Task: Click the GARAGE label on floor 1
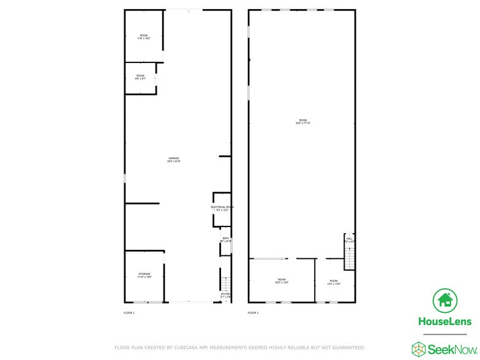pyautogui.click(x=174, y=159)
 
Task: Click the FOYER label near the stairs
pyautogui.click(x=226, y=295)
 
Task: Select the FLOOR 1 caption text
pyautogui.click(x=129, y=313)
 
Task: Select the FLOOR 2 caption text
pyautogui.click(x=253, y=313)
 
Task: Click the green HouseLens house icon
pyautogui.click(x=445, y=301)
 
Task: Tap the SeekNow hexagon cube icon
pyautogui.click(x=419, y=348)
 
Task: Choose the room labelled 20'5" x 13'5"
pyautogui.click(x=281, y=281)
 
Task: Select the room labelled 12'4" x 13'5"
pyautogui.click(x=332, y=282)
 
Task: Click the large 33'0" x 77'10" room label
pyautogui.click(x=303, y=122)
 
